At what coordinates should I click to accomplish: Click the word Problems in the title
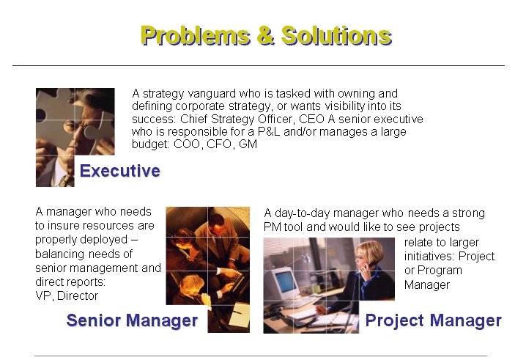click(x=196, y=36)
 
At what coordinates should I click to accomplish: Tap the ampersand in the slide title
click(x=266, y=35)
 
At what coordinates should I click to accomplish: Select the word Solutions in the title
click(x=336, y=36)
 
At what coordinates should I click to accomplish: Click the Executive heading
click(x=119, y=171)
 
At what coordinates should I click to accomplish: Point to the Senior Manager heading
click(x=132, y=320)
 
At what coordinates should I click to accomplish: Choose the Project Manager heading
click(x=434, y=320)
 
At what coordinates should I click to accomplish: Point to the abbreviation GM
click(x=248, y=144)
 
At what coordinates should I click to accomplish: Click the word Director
click(x=78, y=296)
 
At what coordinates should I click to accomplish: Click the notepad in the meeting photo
click(x=239, y=315)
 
